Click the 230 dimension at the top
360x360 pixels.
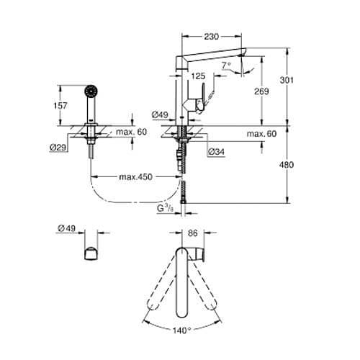coord(212,37)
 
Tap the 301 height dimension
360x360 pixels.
coord(287,80)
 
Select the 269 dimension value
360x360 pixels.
coord(261,91)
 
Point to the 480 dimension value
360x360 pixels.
coord(287,165)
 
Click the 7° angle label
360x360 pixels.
coord(226,65)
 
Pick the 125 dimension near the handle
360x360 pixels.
coord(198,76)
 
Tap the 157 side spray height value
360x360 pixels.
coord(60,106)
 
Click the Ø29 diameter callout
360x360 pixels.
coord(58,148)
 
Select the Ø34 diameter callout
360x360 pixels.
coord(217,152)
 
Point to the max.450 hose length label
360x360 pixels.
coord(136,177)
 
